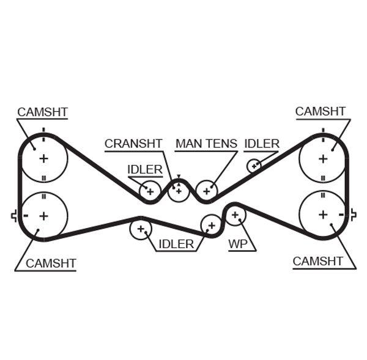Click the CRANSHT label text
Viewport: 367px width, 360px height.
point(133,144)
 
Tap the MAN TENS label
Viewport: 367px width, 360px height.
point(206,144)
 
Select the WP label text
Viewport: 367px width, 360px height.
point(237,244)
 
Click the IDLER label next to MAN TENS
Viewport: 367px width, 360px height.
point(262,144)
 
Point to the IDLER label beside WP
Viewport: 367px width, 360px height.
point(176,244)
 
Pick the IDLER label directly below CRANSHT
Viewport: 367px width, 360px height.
point(145,169)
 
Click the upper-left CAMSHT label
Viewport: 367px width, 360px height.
point(42,112)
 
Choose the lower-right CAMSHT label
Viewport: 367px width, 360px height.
point(318,261)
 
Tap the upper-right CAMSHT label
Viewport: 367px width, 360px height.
point(321,111)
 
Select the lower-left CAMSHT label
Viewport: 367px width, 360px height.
point(51,263)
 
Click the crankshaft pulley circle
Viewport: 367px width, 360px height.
point(178,191)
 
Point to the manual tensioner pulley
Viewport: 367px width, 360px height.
point(207,191)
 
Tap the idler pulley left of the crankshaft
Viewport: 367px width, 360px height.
point(149,192)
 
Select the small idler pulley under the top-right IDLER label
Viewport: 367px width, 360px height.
point(254,165)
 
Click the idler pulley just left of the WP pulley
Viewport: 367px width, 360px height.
point(212,225)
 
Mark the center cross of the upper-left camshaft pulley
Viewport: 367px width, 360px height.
point(43,158)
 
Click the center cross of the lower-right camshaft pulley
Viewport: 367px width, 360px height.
point(322,215)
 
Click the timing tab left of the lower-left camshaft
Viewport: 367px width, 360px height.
point(13,215)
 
